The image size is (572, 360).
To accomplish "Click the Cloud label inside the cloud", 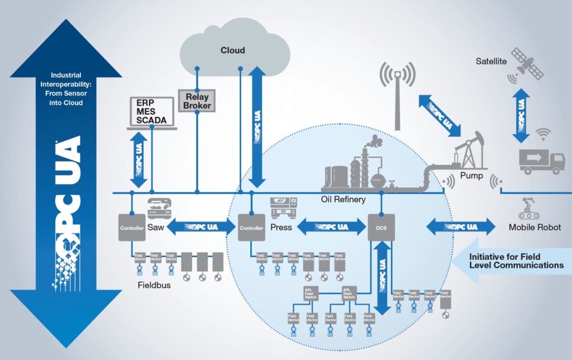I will point(232,50).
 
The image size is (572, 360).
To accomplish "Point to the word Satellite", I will point(491,61).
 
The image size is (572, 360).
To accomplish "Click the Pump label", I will point(471,176).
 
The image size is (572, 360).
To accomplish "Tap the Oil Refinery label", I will point(343,200).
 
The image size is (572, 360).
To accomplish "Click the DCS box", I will point(381,228).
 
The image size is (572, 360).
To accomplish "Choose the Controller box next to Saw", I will point(132,228).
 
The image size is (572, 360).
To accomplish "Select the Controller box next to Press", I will point(251,228).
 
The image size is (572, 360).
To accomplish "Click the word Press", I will point(281,228).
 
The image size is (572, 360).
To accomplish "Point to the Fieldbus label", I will point(154,285).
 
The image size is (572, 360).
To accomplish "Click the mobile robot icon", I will point(528,208).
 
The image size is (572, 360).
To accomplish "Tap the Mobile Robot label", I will point(535,228).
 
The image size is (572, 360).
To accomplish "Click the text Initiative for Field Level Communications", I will point(516,260).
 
